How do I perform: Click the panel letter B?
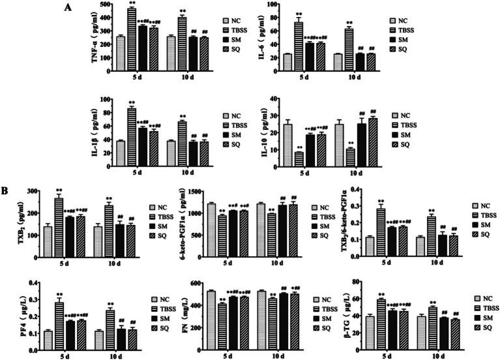tap(7, 191)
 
